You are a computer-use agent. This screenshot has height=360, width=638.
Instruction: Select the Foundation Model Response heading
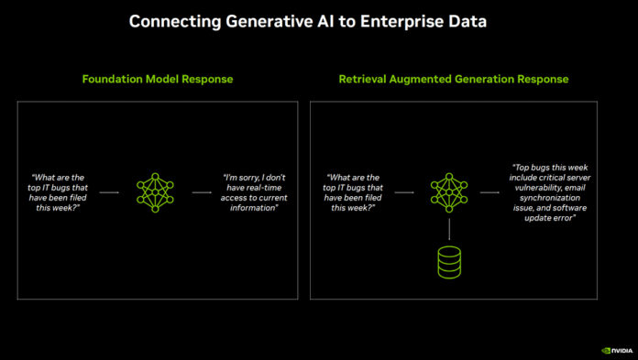[158, 80]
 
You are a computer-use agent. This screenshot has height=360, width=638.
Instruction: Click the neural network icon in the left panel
[154, 193]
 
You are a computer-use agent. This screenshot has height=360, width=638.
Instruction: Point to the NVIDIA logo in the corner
[614, 349]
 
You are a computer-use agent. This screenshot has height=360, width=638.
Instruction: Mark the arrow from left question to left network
[109, 193]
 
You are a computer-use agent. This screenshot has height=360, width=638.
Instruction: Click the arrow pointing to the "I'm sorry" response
[202, 193]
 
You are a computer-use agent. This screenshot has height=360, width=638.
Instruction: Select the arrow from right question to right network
[403, 193]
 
